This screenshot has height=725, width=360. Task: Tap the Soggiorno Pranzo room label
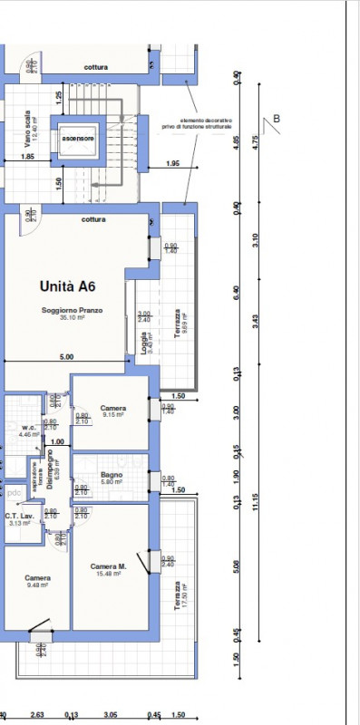tap(72, 310)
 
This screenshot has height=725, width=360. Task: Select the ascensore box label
tap(79, 139)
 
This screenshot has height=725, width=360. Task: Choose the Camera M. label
tap(108, 567)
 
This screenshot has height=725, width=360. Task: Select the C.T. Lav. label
tap(19, 517)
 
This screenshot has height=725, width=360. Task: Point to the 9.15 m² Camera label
tap(113, 409)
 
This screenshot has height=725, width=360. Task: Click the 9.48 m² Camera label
tap(37, 578)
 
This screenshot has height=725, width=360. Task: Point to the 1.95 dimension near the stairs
tap(173, 163)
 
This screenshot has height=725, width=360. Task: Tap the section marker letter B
tap(277, 118)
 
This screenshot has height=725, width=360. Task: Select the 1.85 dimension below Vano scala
tap(28, 157)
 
